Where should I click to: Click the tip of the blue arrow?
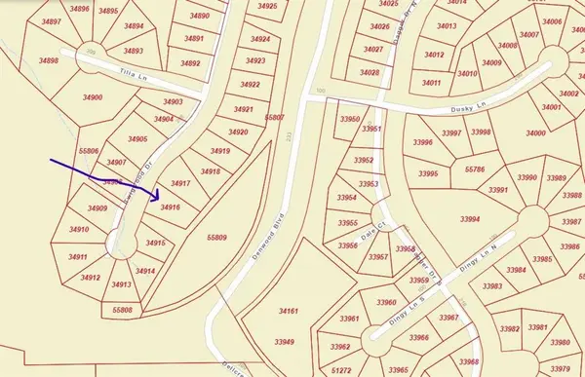[x=158, y=197]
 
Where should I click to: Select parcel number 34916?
[x=171, y=207]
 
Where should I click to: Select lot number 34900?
[x=93, y=97]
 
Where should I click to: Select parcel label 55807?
[x=275, y=117]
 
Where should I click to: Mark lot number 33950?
[x=347, y=119]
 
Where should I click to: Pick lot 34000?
[x=535, y=132]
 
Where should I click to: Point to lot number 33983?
[x=492, y=286]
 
